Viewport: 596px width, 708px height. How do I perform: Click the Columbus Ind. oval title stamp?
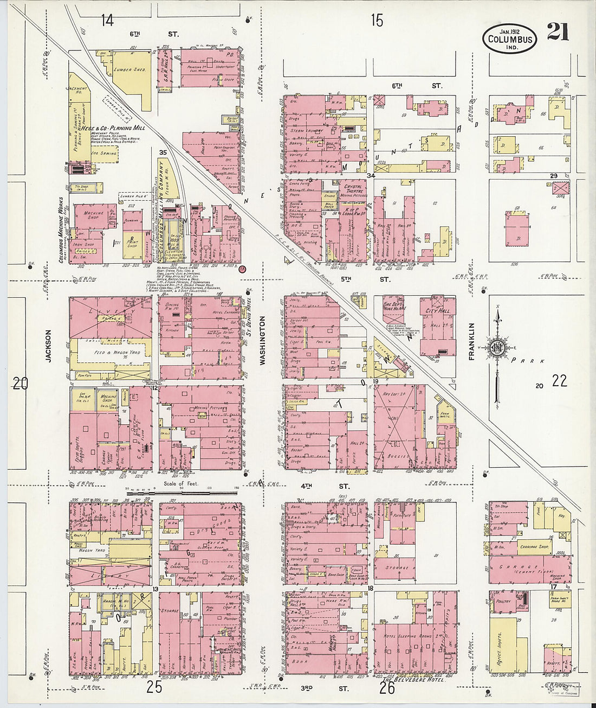[510, 39]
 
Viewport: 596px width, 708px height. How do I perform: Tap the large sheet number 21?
[558, 33]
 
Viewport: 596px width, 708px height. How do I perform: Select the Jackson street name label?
[48, 346]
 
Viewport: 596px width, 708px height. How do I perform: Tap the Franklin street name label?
[471, 341]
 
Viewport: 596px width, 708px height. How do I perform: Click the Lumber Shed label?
[130, 70]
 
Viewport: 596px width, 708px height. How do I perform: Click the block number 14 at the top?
[107, 21]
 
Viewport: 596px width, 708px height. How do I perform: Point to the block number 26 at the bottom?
[387, 688]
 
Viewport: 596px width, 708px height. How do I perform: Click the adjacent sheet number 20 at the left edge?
[20, 384]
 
